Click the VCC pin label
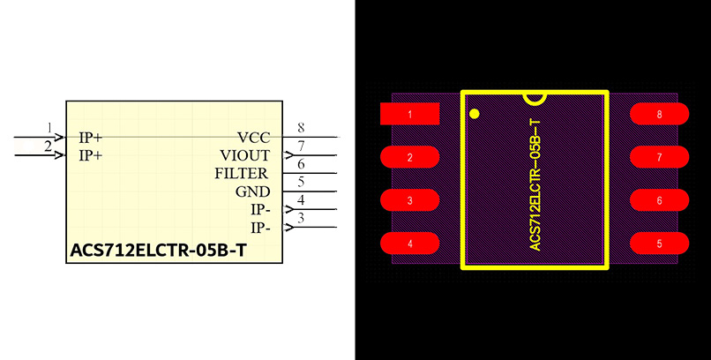pyautogui.click(x=253, y=138)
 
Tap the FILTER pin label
pyautogui.click(x=242, y=173)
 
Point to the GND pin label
pyautogui.click(x=252, y=191)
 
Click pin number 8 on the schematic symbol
pyautogui.click(x=301, y=129)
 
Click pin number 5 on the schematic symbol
pyautogui.click(x=301, y=183)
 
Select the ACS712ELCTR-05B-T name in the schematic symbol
pyautogui.click(x=157, y=251)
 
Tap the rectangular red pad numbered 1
pyautogui.click(x=409, y=114)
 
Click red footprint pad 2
pyautogui.click(x=409, y=157)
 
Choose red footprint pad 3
pyautogui.click(x=409, y=200)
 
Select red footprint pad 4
pyautogui.click(x=409, y=244)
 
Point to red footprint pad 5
pyautogui.click(x=659, y=244)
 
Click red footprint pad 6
pyautogui.click(x=659, y=200)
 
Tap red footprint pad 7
pyautogui.click(x=659, y=157)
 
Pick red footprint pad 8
pyautogui.click(x=659, y=114)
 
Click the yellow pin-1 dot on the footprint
pyautogui.click(x=475, y=113)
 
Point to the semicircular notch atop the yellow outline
pyautogui.click(x=535, y=96)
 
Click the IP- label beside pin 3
pyautogui.click(x=260, y=228)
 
